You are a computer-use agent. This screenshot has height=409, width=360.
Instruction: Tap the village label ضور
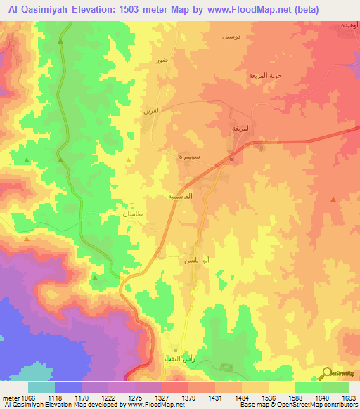(162, 60)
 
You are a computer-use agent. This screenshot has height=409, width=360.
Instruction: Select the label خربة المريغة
(264, 75)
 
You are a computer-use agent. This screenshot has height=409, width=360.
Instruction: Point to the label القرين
(153, 110)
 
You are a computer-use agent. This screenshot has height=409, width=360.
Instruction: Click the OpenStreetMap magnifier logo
(328, 372)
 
